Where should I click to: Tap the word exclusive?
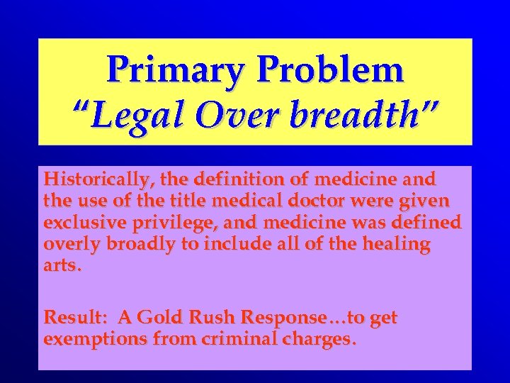pyautogui.click(x=83, y=223)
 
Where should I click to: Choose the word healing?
pyautogui.click(x=397, y=245)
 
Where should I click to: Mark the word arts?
pyautogui.click(x=62, y=267)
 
